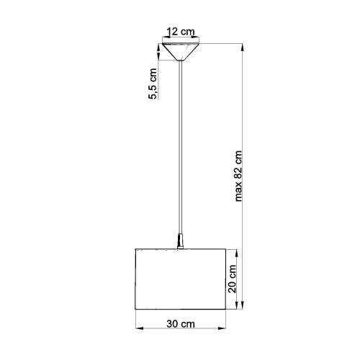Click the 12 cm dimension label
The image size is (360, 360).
(181, 32)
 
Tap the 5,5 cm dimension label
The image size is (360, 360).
(153, 84)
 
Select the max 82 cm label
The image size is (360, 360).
(238, 176)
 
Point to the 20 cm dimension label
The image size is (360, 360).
(232, 279)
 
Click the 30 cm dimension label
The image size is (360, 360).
(181, 324)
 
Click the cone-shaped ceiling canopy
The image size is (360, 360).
(181, 52)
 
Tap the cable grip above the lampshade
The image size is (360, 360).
(180, 240)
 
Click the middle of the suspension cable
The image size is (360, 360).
(181, 147)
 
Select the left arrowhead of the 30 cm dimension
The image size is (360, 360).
(140, 328)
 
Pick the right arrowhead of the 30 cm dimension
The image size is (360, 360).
(222, 328)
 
